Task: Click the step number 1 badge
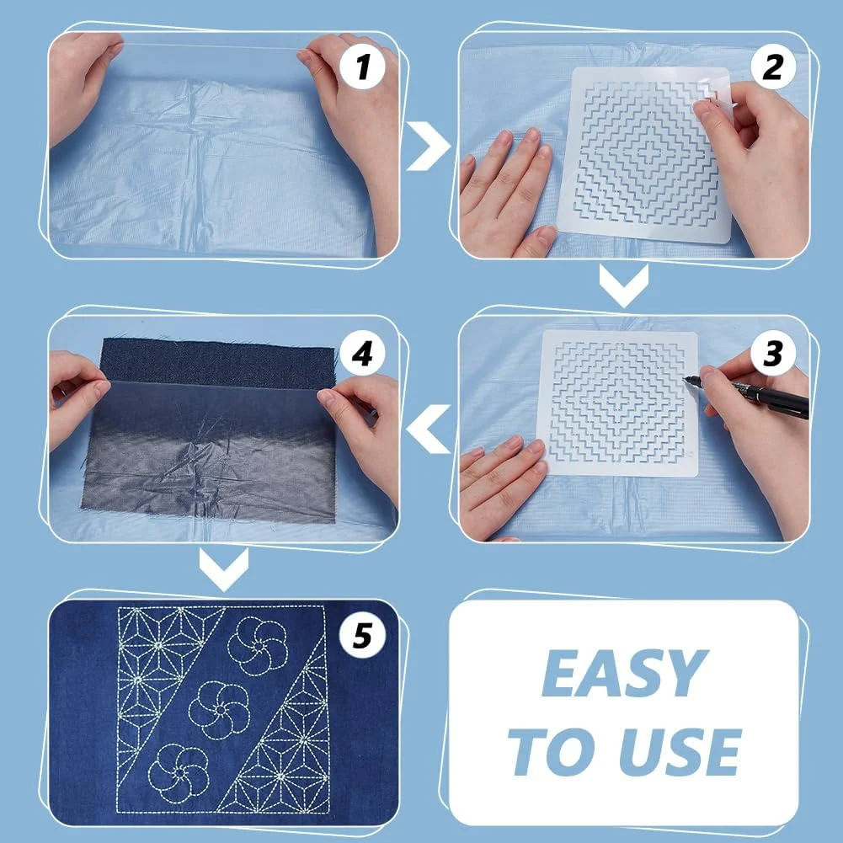tap(362, 67)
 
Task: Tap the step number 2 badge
tap(773, 67)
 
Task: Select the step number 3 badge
tap(773, 353)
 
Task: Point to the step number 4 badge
tap(362, 353)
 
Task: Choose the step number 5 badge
tap(362, 636)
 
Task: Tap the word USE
tap(680, 751)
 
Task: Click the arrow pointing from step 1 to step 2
tap(429, 146)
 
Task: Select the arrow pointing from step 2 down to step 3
tap(624, 285)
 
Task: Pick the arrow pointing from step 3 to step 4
tap(429, 429)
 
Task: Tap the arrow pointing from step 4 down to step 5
tap(224, 568)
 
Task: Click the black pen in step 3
tap(753, 394)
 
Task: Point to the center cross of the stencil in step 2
tap(647, 153)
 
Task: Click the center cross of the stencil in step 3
tap(616, 403)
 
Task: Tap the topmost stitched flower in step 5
tap(258, 646)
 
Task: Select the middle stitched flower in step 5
tap(219, 710)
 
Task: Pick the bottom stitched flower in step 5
tap(179, 774)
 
